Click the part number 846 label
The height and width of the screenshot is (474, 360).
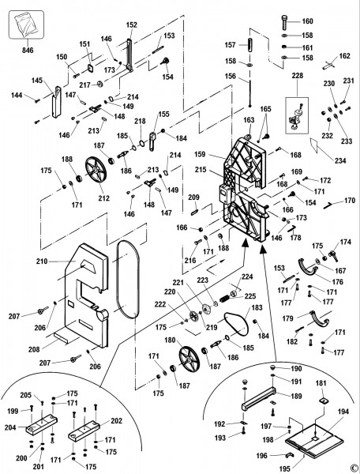[x=28, y=50]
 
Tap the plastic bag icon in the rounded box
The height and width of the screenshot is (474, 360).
[x=26, y=24]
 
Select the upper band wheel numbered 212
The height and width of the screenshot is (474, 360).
[x=96, y=170]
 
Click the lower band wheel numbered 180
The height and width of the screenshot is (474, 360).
[x=189, y=359]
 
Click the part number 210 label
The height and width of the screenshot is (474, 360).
[x=42, y=261]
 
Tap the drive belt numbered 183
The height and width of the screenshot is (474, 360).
[x=236, y=323]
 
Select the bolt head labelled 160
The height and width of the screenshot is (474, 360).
[x=286, y=22]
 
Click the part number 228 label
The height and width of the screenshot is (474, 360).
[x=297, y=75]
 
